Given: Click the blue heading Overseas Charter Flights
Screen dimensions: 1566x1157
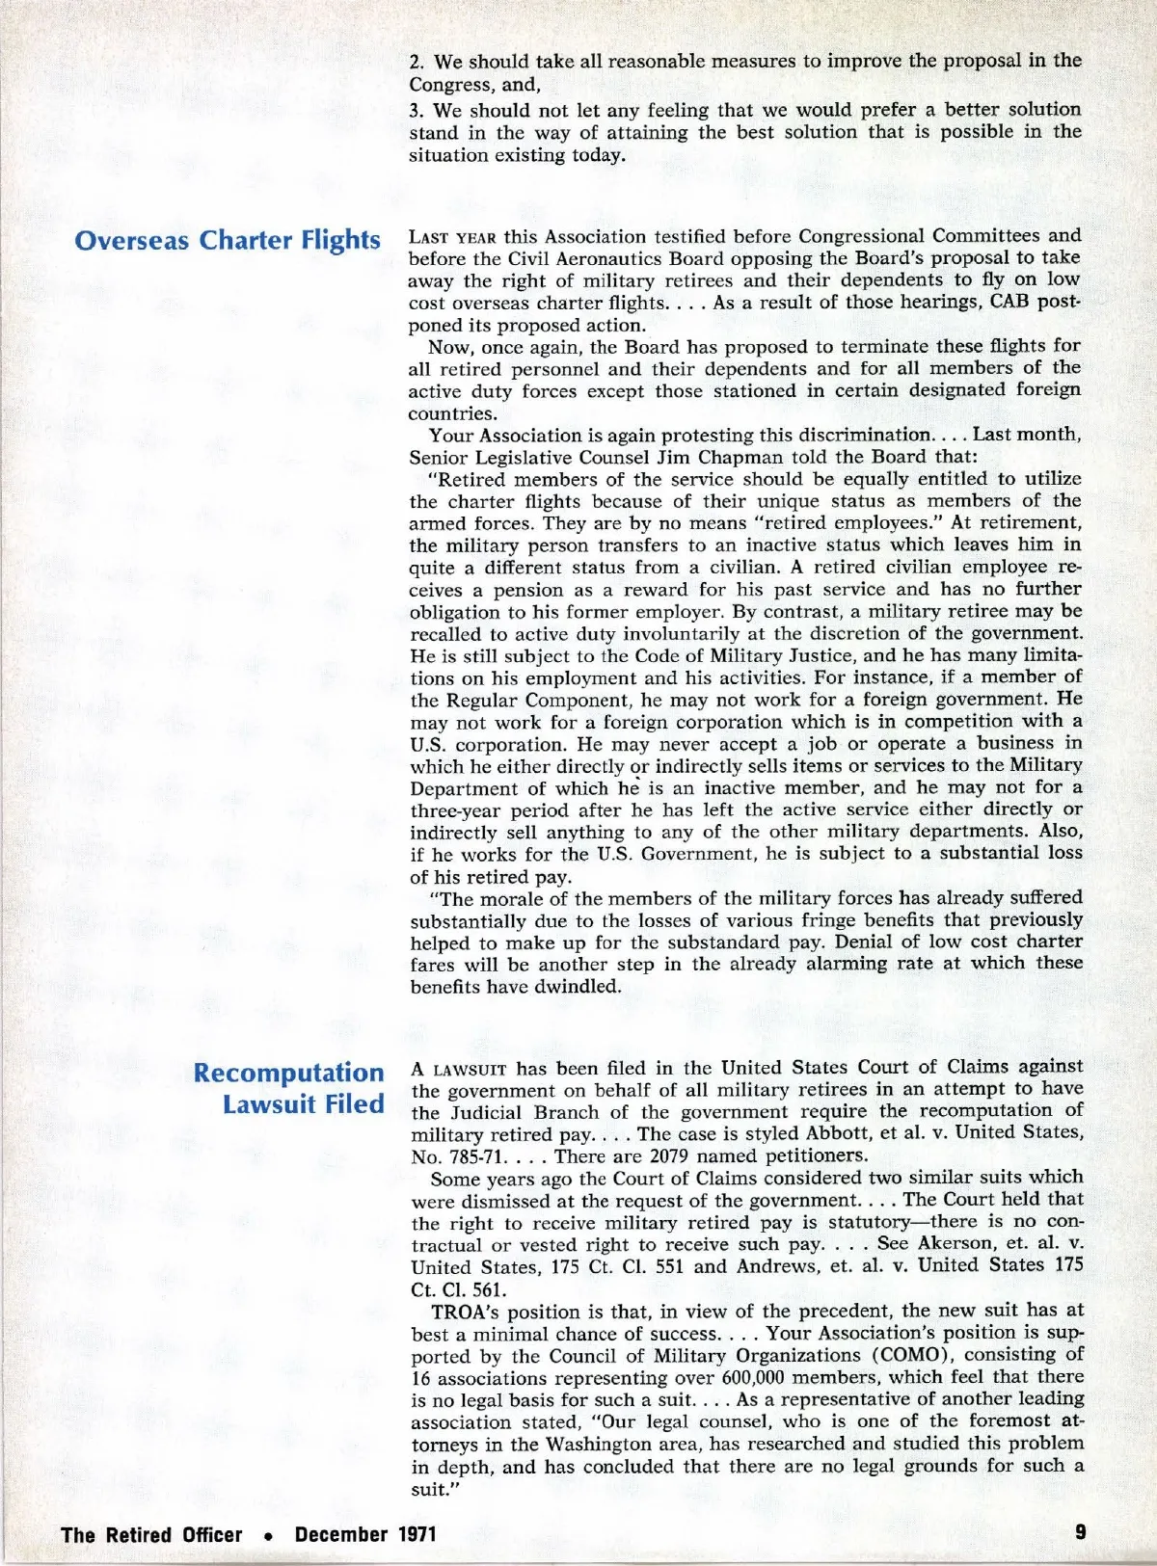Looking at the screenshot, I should point(228,240).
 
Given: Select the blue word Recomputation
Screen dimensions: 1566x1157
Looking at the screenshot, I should point(288,1073).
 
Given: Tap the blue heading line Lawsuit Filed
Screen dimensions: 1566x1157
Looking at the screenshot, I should point(303,1104).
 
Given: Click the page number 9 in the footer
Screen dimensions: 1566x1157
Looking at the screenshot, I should point(1080,1532).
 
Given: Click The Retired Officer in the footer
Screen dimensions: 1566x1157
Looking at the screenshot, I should point(151,1534).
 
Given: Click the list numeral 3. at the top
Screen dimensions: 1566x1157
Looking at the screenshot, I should point(417,110).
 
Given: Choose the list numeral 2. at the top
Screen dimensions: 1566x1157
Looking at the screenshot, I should point(417,62).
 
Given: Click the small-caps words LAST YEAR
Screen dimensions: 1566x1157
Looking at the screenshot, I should point(452,237).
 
